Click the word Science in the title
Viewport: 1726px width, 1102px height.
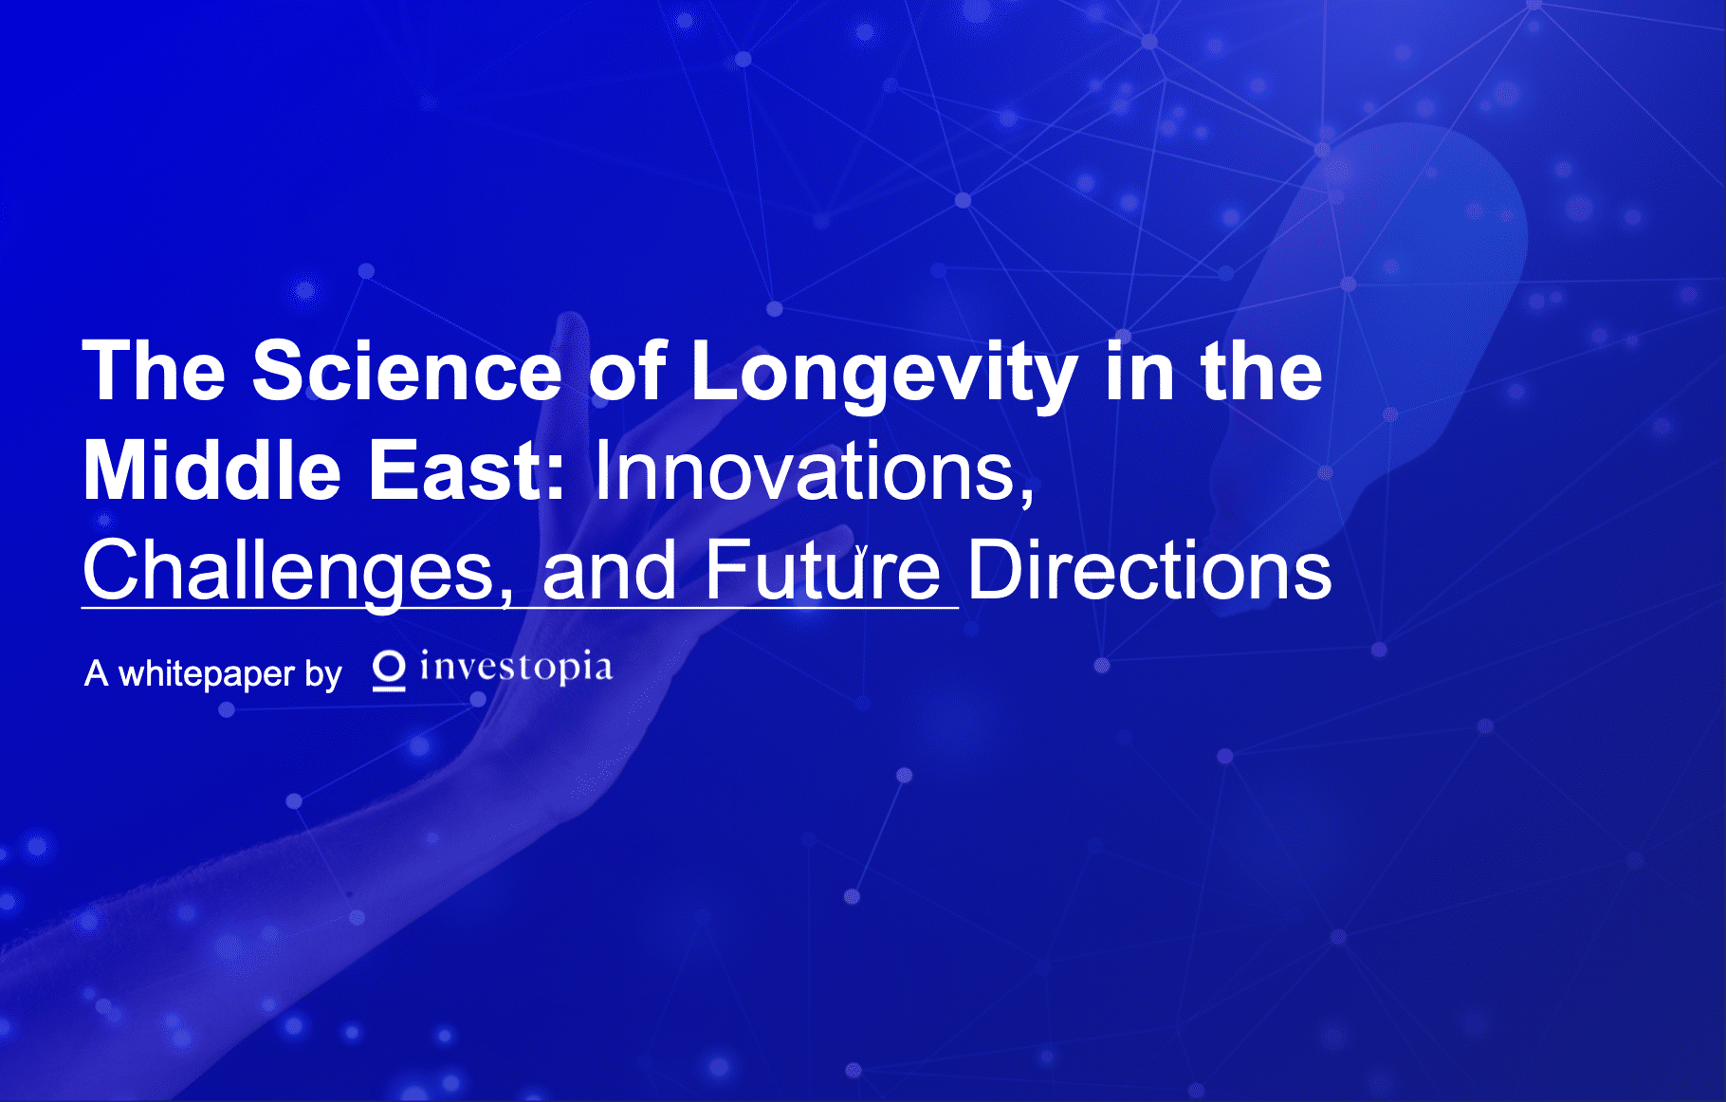(407, 371)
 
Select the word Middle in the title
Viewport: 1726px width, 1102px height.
(211, 470)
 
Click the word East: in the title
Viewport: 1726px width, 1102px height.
(467, 470)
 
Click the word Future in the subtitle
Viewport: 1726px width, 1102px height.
(822, 571)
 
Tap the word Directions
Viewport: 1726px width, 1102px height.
(1149, 571)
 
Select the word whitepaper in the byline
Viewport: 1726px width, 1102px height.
(206, 674)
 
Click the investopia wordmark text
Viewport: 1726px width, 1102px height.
(516, 669)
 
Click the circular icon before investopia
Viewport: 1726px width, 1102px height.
(389, 670)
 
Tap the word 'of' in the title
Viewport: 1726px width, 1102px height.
(627, 371)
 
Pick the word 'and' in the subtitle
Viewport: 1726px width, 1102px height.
(609, 571)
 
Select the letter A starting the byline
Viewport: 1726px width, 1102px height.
(96, 673)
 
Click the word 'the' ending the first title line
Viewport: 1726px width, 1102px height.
(1261, 371)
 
